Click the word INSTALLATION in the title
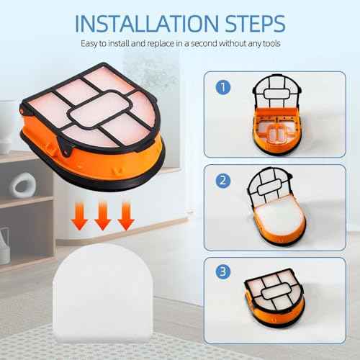pyautogui.click(x=147, y=24)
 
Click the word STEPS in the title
pyautogui.click(x=255, y=24)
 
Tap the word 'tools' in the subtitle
pyautogui.click(x=271, y=43)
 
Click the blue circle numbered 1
pyautogui.click(x=223, y=87)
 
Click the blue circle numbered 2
pyautogui.click(x=223, y=180)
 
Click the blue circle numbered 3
pyautogui.click(x=223, y=271)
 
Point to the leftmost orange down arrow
pyautogui.click(x=79, y=216)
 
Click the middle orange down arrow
pyautogui.click(x=103, y=216)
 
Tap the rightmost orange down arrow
pyautogui.click(x=126, y=216)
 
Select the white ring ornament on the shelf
pyautogui.click(x=23, y=185)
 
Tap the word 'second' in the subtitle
pyautogui.click(x=204, y=43)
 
